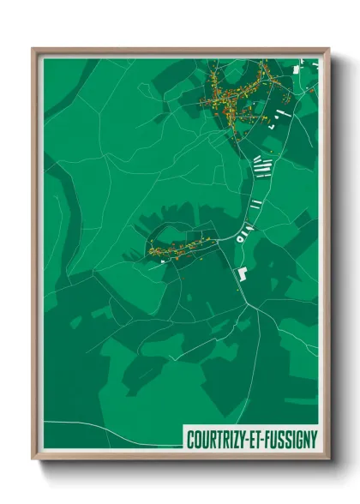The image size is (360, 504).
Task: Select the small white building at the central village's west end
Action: [x=162, y=263]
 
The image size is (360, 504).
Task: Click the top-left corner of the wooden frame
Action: [x=33, y=49]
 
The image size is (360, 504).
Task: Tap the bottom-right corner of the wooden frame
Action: [x=328, y=459]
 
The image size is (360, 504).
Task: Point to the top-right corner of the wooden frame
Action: [x=328, y=49]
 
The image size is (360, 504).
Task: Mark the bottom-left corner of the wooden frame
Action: [x=33, y=459]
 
